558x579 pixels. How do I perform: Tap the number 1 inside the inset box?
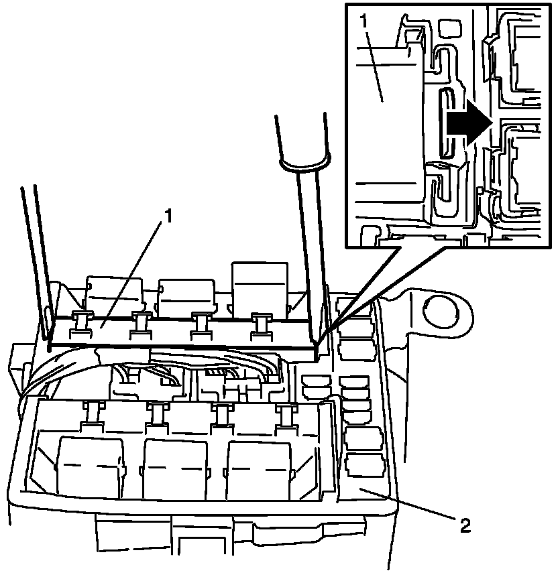pos(364,21)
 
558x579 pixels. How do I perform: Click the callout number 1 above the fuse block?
pos(169,216)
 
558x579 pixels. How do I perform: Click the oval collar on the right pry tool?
pos(304,161)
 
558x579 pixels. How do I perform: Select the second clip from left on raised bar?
pos(142,322)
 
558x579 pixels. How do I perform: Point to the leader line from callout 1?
pos(134,269)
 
